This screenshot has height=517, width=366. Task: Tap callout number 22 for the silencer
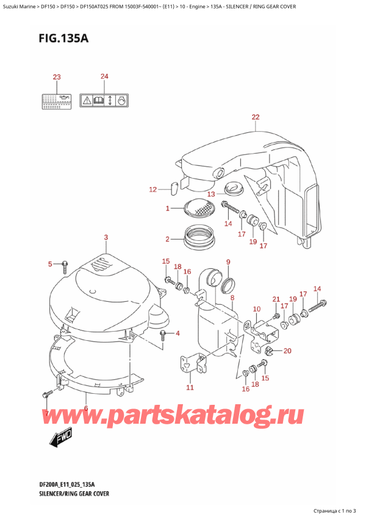point(255,117)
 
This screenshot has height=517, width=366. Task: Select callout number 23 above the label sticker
point(56,77)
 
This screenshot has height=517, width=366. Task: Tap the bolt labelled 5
point(64,265)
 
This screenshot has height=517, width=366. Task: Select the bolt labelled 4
point(163,333)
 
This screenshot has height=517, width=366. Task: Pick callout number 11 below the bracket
point(190,387)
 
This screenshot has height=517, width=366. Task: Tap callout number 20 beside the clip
point(287,351)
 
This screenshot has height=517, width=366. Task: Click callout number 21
point(276,299)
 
